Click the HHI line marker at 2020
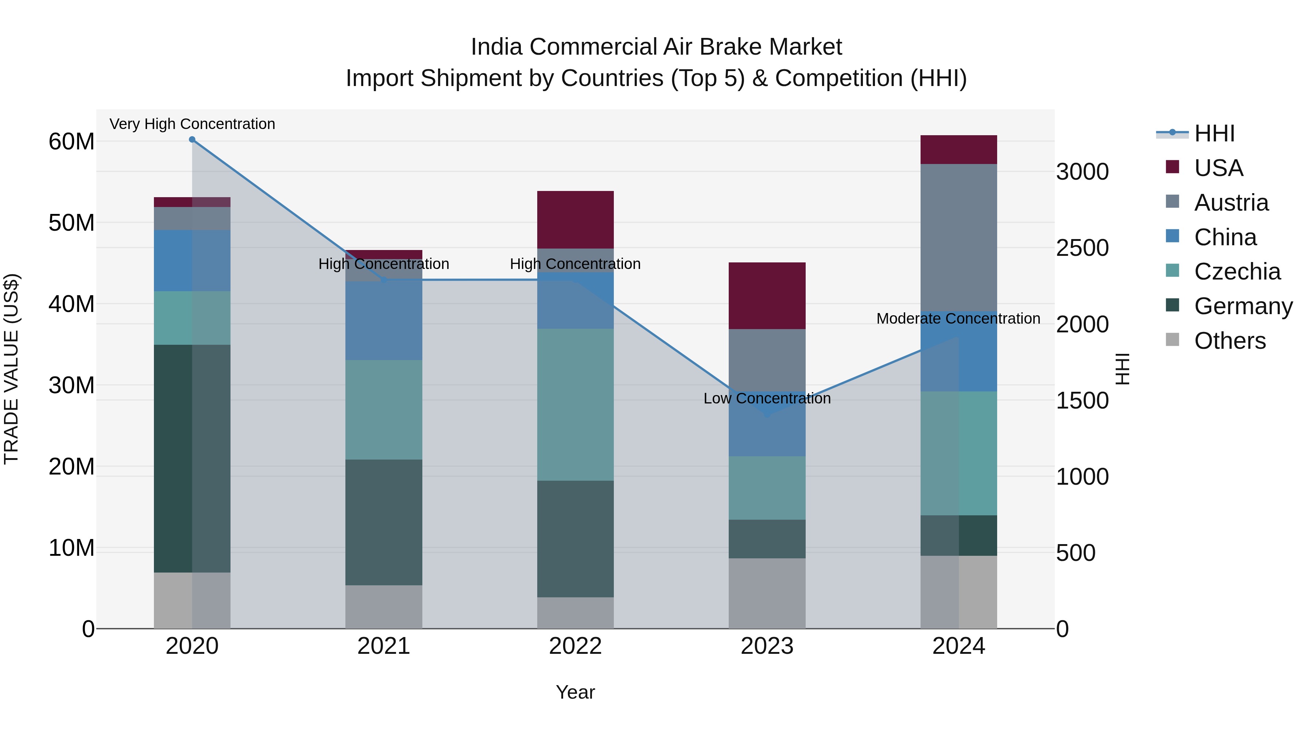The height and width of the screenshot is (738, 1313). point(192,140)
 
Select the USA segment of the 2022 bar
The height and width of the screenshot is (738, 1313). point(576,219)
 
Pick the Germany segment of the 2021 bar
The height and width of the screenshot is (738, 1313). point(384,522)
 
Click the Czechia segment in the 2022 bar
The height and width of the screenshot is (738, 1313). point(576,405)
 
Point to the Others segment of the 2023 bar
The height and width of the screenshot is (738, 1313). point(767,593)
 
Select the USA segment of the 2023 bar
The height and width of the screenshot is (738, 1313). point(767,296)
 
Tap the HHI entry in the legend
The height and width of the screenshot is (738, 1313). point(1214,133)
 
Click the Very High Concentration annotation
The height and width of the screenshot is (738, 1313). point(192,124)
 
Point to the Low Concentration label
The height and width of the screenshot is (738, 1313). point(767,398)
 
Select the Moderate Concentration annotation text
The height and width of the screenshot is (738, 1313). point(958,318)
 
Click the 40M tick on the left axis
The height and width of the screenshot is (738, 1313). point(71,304)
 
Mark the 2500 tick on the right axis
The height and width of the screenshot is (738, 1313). point(1082,248)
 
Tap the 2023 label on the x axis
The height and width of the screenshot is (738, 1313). point(767,646)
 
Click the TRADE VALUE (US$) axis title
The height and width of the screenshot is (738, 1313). point(11,369)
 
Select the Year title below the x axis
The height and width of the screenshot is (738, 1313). point(576,692)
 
